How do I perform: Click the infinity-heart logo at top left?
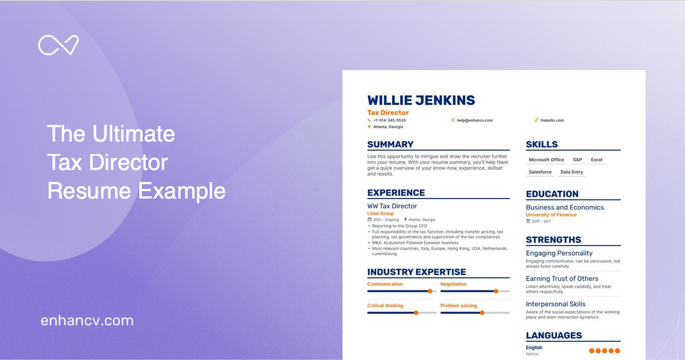[58, 46]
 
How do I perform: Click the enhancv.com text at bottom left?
[87, 321]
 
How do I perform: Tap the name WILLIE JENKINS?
[421, 100]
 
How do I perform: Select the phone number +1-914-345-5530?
[389, 120]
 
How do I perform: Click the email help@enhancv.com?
[474, 120]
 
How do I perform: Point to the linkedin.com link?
[552, 120]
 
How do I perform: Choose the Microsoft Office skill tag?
[546, 160]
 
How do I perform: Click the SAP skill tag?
[577, 160]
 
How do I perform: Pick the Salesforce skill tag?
[540, 172]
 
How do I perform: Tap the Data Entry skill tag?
[571, 172]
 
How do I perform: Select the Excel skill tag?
[597, 160]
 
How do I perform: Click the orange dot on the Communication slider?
[430, 291]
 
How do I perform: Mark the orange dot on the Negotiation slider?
[495, 291]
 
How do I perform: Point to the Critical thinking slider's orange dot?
[416, 313]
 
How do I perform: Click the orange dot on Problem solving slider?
[482, 313]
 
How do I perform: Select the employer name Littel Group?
[380, 213]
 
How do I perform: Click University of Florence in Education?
[551, 215]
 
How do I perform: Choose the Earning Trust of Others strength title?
[562, 279]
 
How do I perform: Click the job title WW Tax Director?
[392, 206]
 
